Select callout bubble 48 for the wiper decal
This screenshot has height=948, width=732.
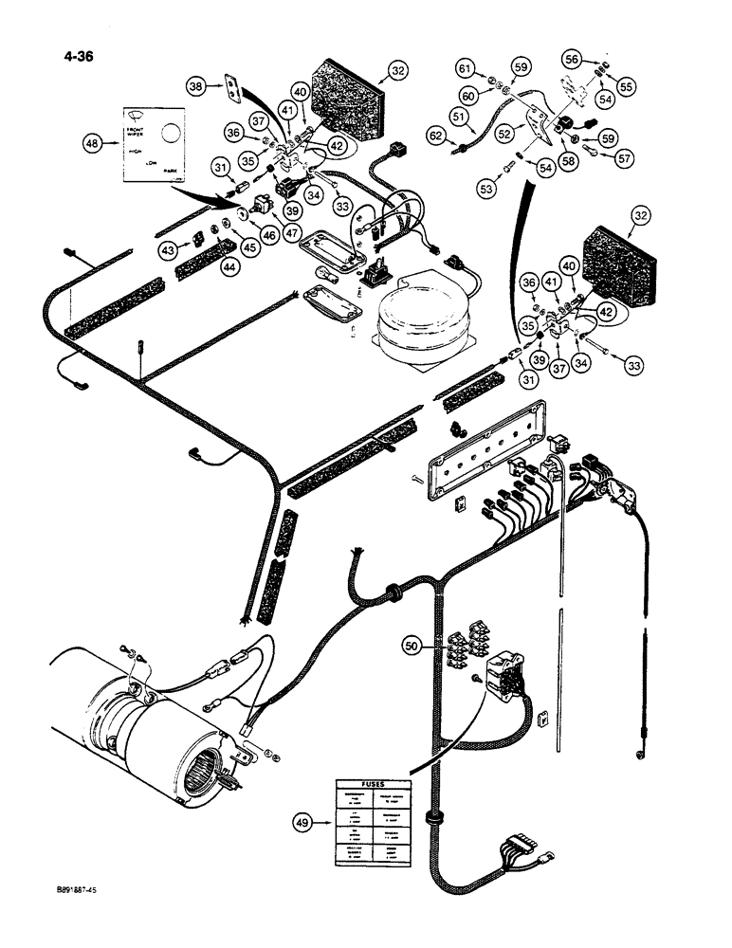[x=93, y=144]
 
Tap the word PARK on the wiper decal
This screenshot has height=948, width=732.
[x=171, y=173]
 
